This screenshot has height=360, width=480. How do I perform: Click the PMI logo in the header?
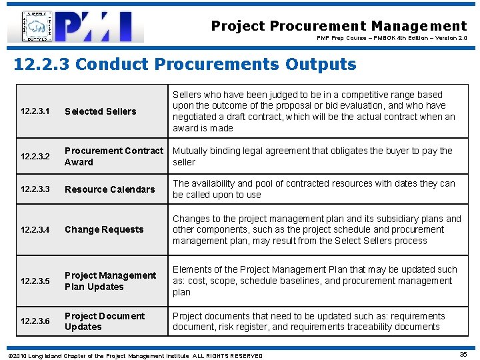pos(99,27)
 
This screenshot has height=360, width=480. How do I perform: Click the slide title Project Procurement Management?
pos(339,26)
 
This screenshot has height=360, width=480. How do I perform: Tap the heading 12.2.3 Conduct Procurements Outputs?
pos(185,65)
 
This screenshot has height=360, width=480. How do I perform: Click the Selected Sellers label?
pos(100,111)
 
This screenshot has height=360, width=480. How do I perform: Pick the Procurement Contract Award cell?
pos(113,157)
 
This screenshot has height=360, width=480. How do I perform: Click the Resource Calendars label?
pos(109,189)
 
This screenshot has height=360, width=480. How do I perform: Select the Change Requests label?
pos(104,229)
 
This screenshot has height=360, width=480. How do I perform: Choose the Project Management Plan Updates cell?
pos(110,281)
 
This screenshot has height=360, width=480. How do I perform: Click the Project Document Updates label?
pos(105,321)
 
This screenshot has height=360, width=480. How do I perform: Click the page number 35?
pos(463,355)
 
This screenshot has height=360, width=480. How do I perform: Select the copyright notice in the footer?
pos(134,356)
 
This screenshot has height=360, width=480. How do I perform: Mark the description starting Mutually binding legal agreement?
pos(312,157)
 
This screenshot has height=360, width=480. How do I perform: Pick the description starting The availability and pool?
pos(313,189)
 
